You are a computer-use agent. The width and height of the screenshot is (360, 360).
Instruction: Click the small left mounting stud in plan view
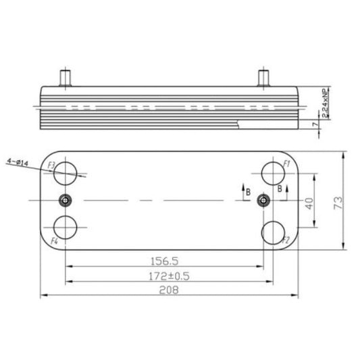(65, 201)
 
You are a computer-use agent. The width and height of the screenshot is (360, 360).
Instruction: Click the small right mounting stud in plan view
(263, 201)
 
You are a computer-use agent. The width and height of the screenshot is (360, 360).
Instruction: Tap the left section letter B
(249, 192)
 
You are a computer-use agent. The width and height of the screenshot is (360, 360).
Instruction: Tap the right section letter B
(279, 190)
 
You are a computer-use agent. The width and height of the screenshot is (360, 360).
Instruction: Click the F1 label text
(286, 164)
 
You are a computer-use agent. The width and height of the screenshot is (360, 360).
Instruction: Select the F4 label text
(53, 240)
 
